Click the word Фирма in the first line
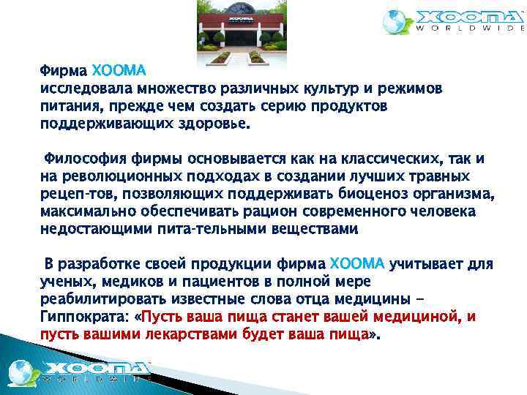pos(63,72)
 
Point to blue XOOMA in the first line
pos(119,72)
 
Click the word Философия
pos(85,159)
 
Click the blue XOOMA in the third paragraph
pos(358,263)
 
